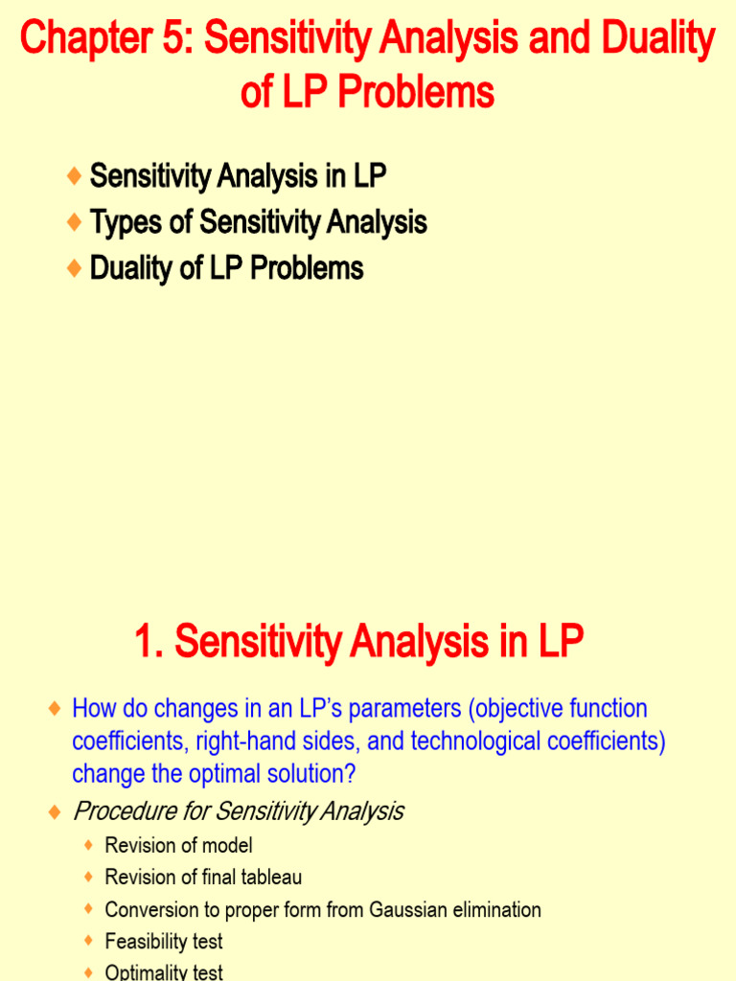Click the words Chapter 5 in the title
click(104, 40)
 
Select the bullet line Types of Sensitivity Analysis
click(258, 223)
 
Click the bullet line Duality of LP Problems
click(226, 268)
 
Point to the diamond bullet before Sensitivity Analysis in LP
click(75, 176)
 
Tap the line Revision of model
click(178, 846)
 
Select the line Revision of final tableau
click(203, 878)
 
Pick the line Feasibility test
click(164, 942)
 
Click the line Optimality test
click(164, 972)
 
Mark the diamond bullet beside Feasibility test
click(89, 942)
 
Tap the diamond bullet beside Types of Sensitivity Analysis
click(75, 223)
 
